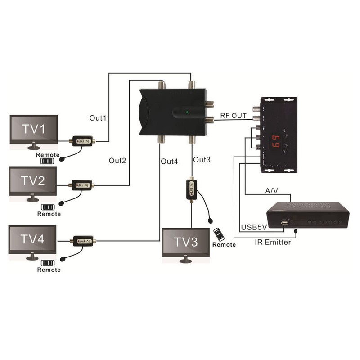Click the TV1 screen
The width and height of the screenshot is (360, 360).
(34, 130)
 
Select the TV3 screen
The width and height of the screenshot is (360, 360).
(185, 243)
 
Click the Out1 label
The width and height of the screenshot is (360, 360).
(98, 118)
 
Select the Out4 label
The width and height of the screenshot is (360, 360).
(170, 161)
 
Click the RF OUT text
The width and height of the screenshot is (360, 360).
(233, 116)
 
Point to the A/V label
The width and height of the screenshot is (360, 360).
(272, 191)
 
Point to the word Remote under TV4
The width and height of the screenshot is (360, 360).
(49, 270)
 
